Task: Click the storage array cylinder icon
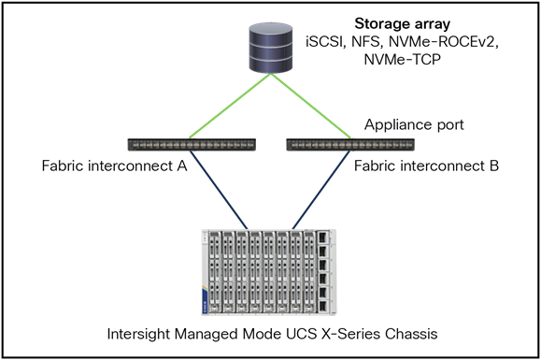(270, 48)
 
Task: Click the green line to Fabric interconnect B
(310, 108)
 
